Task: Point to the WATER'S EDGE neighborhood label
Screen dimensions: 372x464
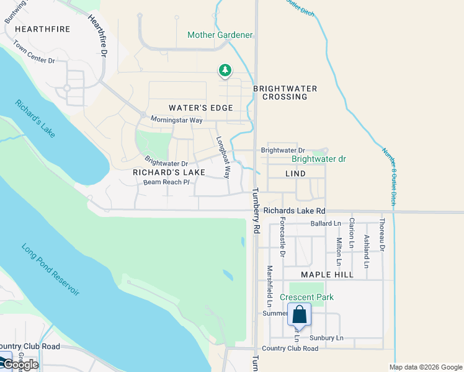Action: coord(200,108)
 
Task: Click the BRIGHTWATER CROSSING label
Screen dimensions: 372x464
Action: coord(285,92)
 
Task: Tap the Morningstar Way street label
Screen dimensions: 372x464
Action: coord(177,120)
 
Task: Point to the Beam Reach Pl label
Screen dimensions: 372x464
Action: coord(166,182)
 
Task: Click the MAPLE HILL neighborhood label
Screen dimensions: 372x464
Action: coord(327,275)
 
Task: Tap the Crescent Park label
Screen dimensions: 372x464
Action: coord(306,297)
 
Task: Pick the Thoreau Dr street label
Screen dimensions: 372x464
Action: coord(382,235)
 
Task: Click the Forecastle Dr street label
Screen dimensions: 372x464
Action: coord(282,237)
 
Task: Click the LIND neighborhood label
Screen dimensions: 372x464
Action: coord(295,174)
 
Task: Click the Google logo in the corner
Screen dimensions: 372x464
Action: coord(20,364)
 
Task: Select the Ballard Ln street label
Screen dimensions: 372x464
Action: coord(326,223)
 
